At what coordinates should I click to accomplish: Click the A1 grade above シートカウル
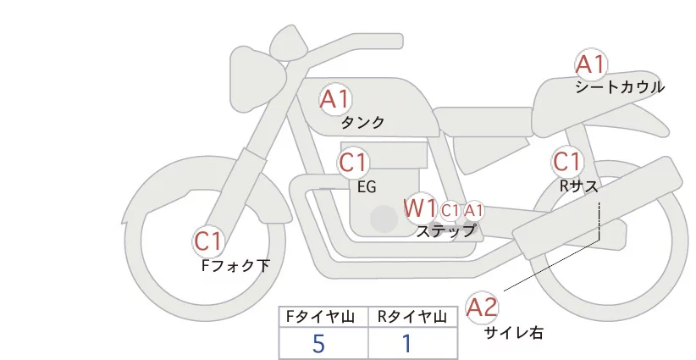(590, 65)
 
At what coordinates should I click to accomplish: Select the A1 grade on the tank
(334, 100)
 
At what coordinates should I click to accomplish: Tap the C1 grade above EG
(353, 162)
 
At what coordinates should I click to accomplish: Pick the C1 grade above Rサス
(567, 161)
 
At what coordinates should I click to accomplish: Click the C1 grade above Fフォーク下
(207, 242)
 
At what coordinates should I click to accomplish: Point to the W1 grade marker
(420, 208)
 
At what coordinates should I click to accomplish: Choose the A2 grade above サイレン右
(483, 307)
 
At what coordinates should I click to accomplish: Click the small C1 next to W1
(450, 210)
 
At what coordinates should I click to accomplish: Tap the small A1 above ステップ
(473, 210)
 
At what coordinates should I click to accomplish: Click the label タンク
(362, 123)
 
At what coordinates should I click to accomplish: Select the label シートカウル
(619, 87)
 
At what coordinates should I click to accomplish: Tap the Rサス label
(578, 185)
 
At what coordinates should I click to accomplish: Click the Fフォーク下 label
(235, 265)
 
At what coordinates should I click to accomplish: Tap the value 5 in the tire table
(318, 343)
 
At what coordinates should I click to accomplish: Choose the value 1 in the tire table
(407, 343)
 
